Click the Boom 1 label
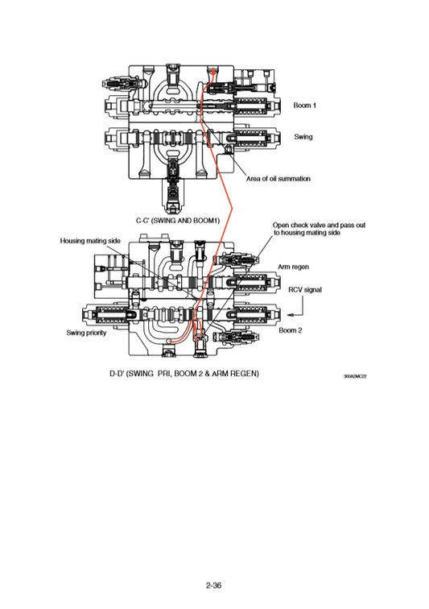coord(303,106)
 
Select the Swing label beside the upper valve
coord(303,136)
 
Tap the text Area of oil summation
coord(278,178)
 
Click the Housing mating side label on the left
coord(90,240)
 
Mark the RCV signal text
coord(304,290)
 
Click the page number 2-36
coord(213,586)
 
